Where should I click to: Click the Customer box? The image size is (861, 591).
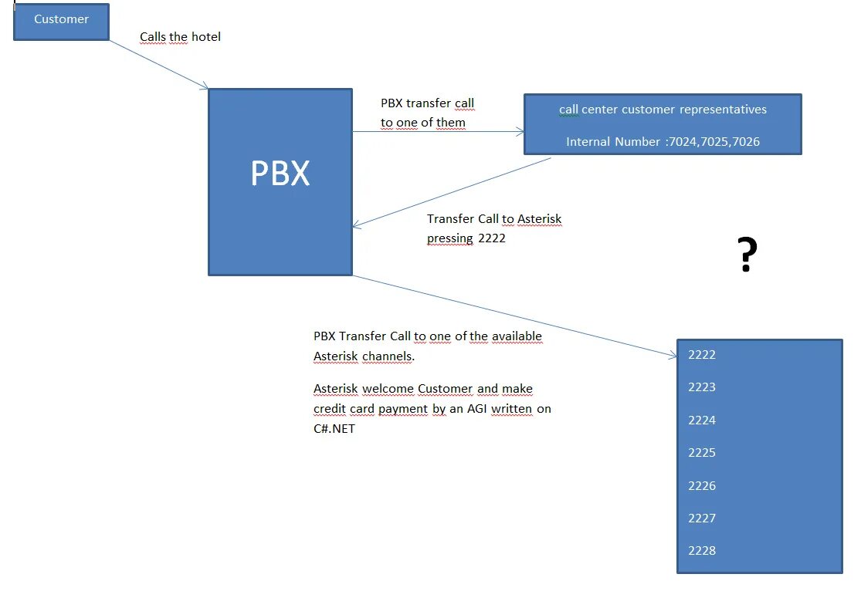[61, 22]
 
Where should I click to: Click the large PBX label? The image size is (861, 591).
[280, 174]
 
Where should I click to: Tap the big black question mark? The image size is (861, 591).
[746, 255]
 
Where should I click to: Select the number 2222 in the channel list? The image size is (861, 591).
[702, 355]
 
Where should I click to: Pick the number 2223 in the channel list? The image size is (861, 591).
[702, 387]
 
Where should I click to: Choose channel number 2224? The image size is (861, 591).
[702, 420]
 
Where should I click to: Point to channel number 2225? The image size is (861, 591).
[702, 453]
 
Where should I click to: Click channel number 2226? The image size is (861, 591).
[702, 486]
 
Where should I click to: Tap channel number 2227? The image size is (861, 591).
[702, 518]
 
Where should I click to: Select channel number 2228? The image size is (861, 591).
[702, 551]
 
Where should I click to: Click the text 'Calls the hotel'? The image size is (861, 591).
[180, 37]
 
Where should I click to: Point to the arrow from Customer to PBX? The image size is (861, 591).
[158, 64]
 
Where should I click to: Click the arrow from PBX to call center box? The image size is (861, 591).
[438, 132]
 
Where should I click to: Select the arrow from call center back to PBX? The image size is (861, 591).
[452, 192]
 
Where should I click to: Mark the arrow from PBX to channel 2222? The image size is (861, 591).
[514, 316]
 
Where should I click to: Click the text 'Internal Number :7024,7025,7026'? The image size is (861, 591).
[663, 142]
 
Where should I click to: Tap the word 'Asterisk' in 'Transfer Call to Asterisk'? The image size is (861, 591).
[539, 219]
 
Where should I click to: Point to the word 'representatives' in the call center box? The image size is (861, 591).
[723, 110]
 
